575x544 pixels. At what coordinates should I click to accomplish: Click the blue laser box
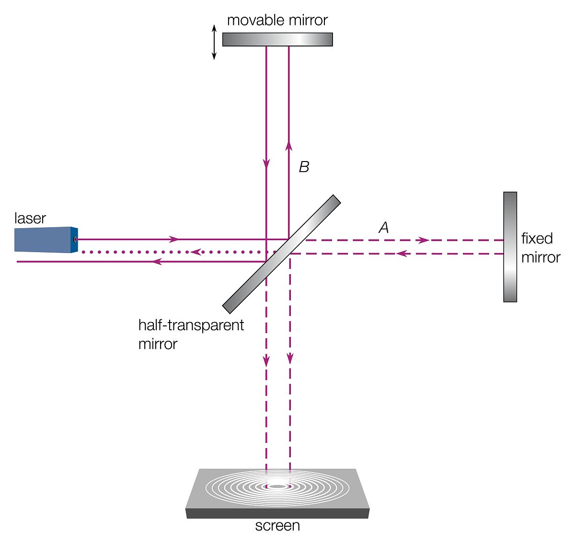[44, 240]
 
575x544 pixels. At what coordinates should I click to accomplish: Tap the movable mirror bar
[277, 39]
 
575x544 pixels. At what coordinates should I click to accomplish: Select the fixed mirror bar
[510, 247]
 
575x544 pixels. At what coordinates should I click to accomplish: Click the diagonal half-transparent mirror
[282, 254]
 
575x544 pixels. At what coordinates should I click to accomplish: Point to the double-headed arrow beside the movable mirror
[214, 42]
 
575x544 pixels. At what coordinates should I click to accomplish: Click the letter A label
[383, 228]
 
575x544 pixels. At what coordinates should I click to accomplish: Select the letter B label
[304, 167]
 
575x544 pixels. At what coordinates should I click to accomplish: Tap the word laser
[30, 219]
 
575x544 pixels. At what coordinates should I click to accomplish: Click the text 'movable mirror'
[277, 20]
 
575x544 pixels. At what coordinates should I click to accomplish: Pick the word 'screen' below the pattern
[277, 526]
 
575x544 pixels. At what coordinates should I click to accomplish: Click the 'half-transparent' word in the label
[191, 325]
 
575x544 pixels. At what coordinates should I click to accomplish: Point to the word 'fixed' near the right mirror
[537, 238]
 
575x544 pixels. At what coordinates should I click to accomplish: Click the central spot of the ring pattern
[277, 486]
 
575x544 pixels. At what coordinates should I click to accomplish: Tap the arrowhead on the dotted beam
[195, 252]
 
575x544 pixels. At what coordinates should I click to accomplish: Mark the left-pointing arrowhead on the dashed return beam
[402, 254]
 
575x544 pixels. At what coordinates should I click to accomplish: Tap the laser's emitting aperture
[75, 239]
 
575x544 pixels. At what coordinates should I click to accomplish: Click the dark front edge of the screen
[277, 513]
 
